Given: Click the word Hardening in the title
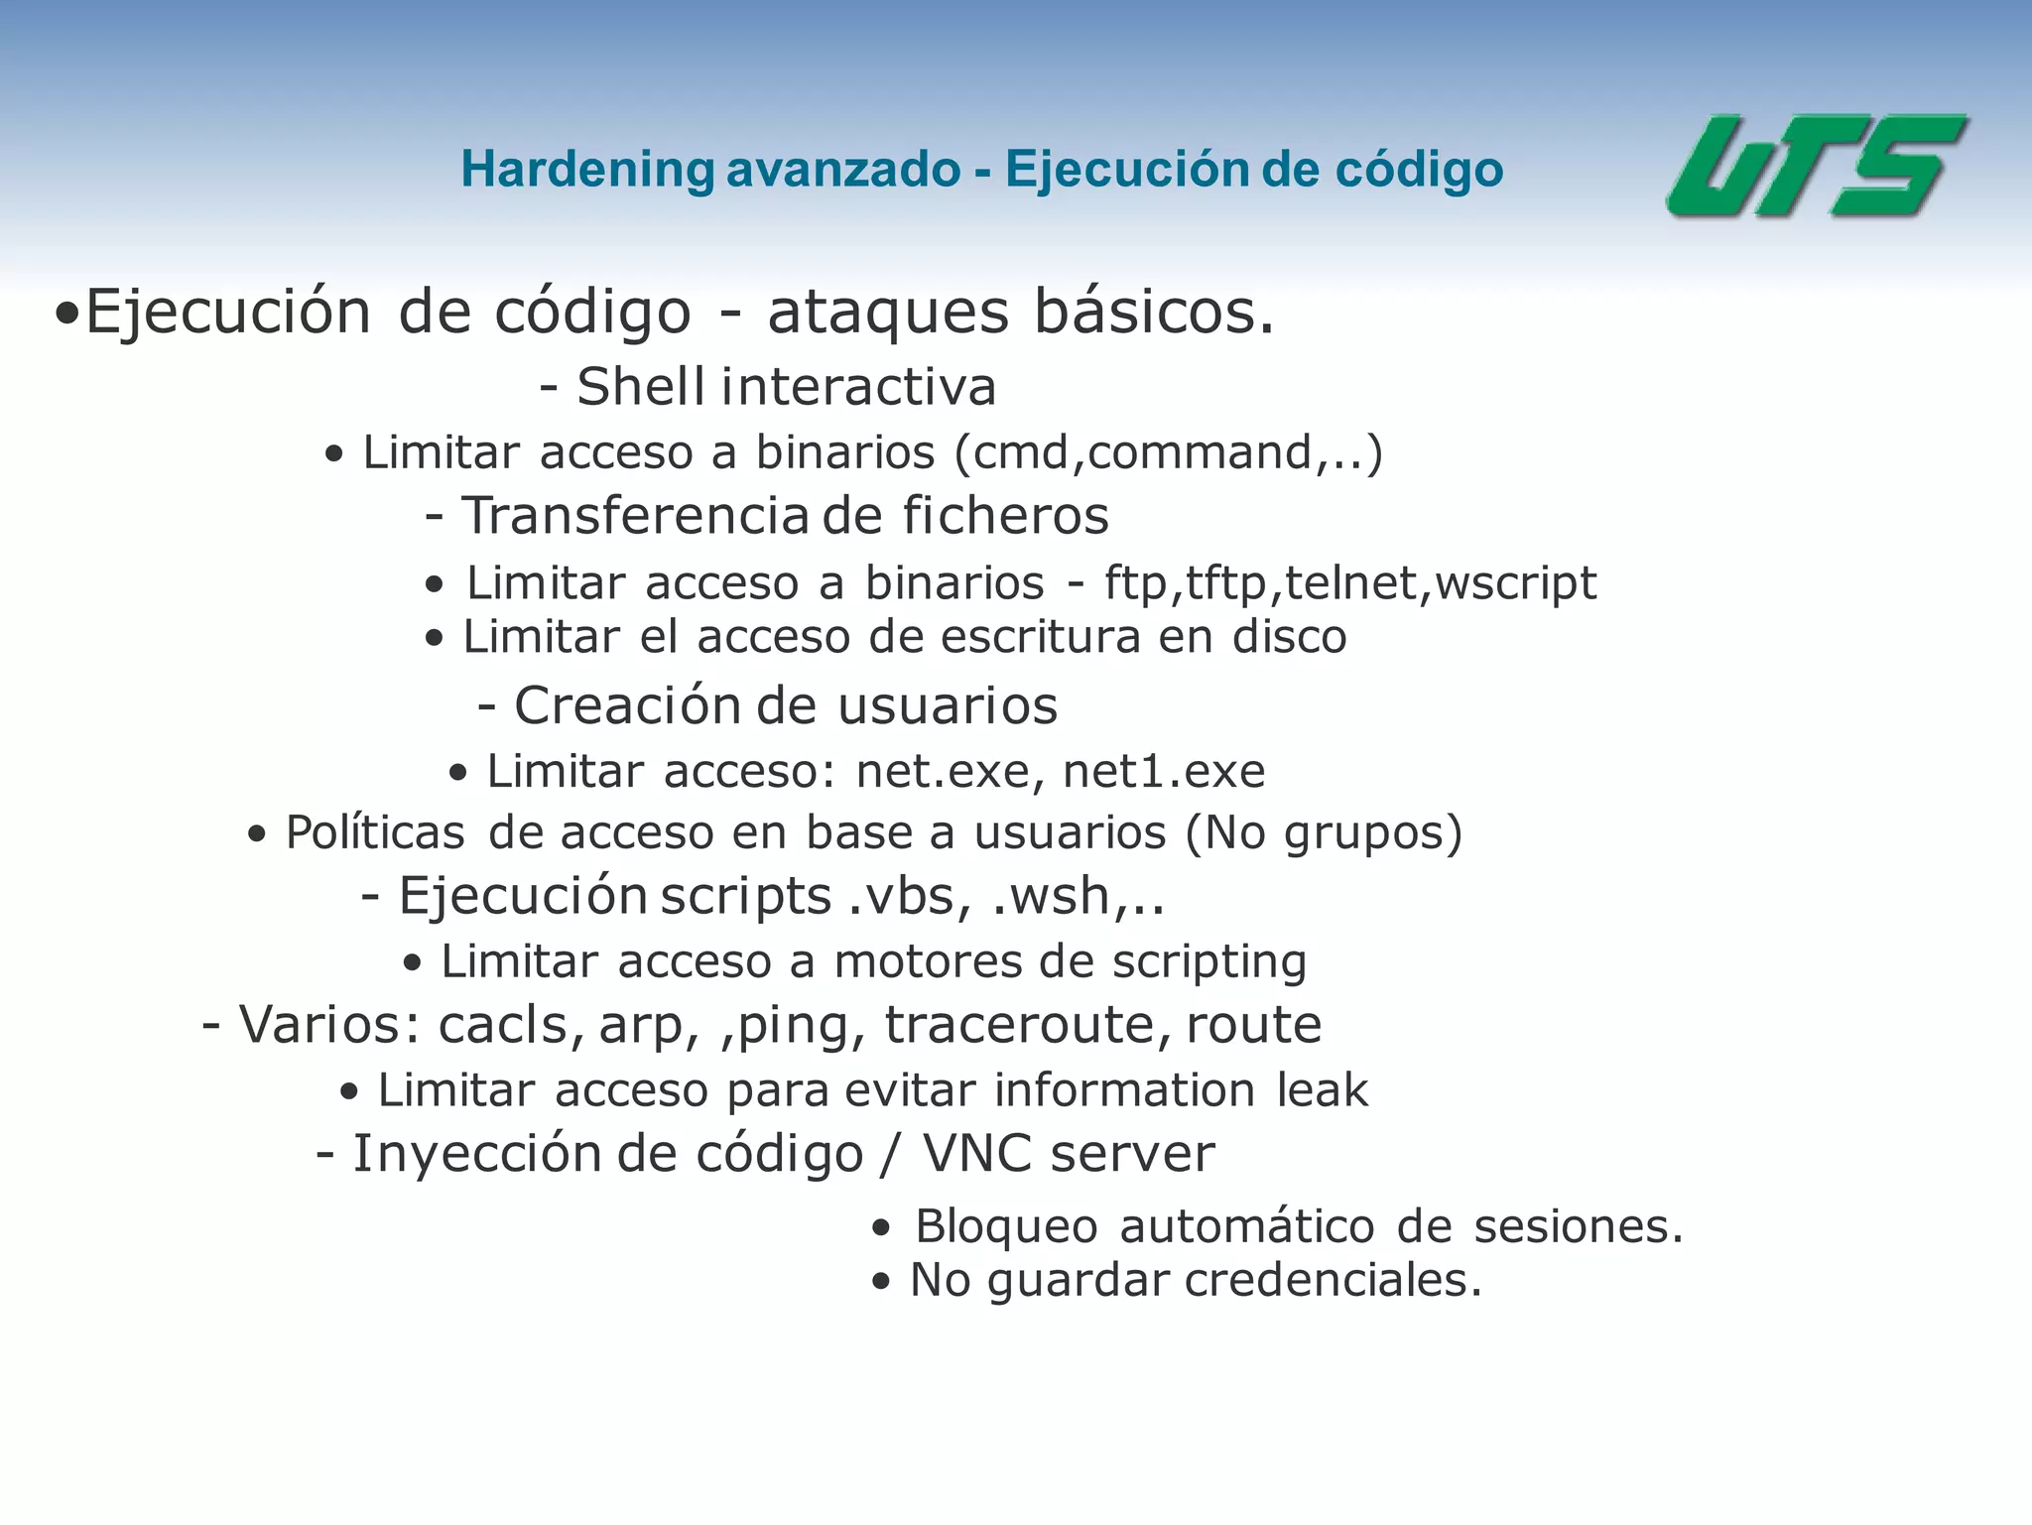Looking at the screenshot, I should (x=587, y=170).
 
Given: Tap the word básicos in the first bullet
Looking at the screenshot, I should (x=1153, y=313).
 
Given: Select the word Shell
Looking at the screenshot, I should (x=641, y=387).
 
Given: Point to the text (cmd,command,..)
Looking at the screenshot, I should (x=1168, y=453).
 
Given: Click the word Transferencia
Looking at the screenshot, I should (x=635, y=516).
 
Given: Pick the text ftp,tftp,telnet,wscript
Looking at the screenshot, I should (x=1350, y=583).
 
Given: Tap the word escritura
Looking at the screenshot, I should (x=1041, y=637).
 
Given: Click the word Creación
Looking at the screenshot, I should (x=627, y=706).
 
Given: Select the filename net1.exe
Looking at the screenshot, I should (x=1164, y=772).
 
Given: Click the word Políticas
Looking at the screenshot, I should (x=375, y=832).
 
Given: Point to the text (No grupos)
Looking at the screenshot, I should (x=1324, y=833).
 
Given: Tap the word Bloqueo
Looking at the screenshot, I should (x=1006, y=1227).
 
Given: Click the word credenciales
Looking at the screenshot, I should (x=1333, y=1281).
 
